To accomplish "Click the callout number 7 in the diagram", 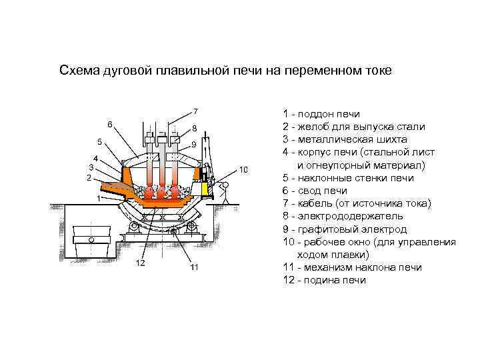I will point(195,110).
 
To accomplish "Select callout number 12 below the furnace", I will point(141,263).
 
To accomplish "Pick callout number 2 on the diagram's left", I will point(88,178).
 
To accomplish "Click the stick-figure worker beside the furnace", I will point(226,191).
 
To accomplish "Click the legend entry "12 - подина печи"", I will point(324,280).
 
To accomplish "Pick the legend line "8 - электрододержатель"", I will point(343,216).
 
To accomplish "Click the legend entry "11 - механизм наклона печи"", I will point(352,267).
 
